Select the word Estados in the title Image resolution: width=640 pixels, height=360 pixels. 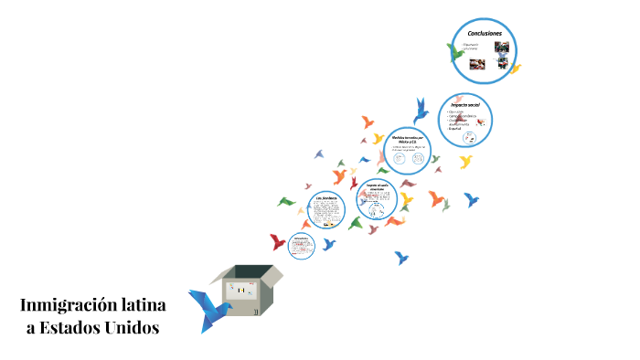pos(80,326)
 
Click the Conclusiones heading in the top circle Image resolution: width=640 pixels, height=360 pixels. pos(485,34)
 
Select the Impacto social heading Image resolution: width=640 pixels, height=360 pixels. pos(464,106)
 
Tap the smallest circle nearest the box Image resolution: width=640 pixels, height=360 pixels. pos(302,245)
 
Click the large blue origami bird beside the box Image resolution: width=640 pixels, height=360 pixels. pos(208,309)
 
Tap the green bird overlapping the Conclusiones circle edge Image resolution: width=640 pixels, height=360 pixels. pos(454,52)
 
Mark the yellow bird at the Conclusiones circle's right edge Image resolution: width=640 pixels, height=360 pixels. pos(515,69)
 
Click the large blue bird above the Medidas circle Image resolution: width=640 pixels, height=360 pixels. pos(421,110)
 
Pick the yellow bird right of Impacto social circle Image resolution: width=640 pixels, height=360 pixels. pos(466,162)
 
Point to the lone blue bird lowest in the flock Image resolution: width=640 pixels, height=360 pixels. pos(400,258)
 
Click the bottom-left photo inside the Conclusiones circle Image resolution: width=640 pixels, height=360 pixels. pos(477,65)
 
